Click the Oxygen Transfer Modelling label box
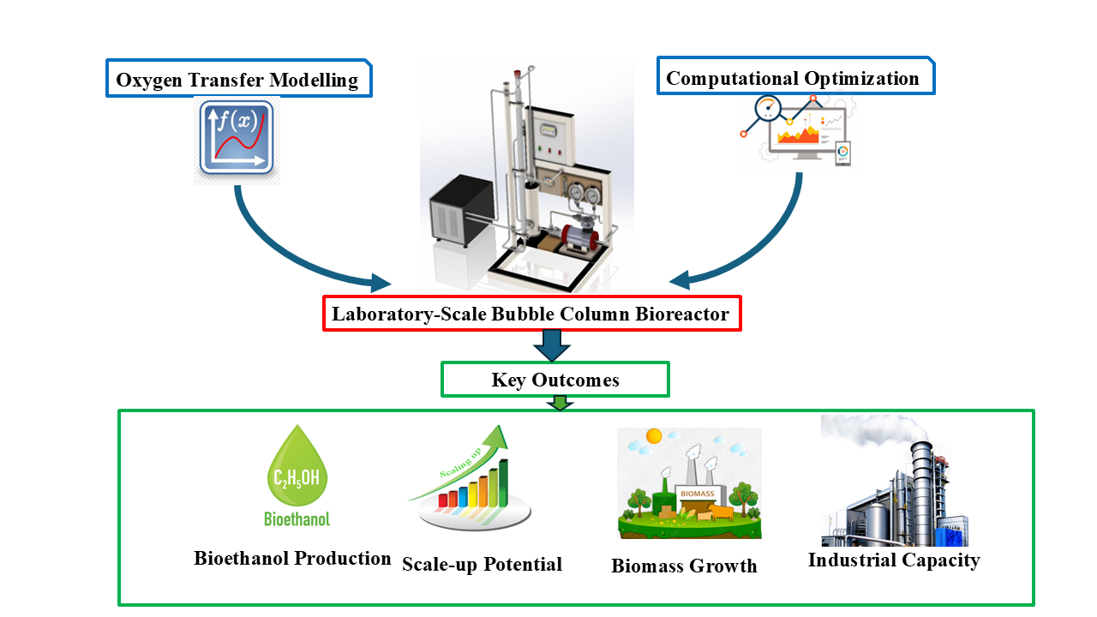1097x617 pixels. [238, 80]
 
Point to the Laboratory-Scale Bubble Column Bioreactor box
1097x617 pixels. [531, 314]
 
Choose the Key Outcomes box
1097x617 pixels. [554, 380]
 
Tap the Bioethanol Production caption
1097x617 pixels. [292, 559]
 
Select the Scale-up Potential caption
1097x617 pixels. [482, 564]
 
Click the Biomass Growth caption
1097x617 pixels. [684, 566]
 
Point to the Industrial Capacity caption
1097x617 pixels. [894, 560]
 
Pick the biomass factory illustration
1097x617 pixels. [689, 484]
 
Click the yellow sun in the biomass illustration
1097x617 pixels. [654, 436]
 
